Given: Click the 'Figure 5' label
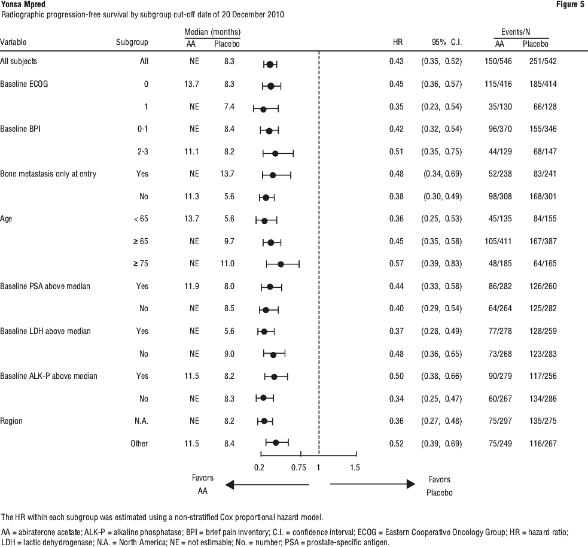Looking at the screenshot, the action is (x=570, y=5).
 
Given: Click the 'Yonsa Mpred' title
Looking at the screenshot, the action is (x=23, y=5).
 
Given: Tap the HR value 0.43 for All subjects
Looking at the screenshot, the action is (x=397, y=61).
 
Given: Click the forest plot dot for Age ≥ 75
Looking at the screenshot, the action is (x=281, y=265).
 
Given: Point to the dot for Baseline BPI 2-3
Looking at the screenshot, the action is (x=275, y=153).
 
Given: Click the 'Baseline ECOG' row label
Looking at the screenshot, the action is (x=24, y=84).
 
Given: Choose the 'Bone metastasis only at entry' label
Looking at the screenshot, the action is (x=48, y=174).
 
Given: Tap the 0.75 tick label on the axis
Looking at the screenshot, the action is (x=298, y=467).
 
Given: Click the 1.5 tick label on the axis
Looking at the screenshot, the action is (x=355, y=467).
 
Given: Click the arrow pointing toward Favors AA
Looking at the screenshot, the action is (x=267, y=485).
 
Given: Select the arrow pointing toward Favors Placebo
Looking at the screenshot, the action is (x=373, y=484).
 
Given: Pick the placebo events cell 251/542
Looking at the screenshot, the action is (x=543, y=61).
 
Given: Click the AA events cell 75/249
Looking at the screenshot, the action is (x=500, y=443).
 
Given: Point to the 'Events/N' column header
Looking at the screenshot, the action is (x=516, y=32).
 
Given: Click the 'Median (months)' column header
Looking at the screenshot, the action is (x=212, y=32).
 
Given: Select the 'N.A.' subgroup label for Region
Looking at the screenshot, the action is (x=141, y=421).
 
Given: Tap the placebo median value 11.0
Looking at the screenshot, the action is (x=227, y=263).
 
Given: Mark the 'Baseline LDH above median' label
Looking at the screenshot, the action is (x=45, y=331).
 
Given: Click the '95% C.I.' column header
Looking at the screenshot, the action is (x=447, y=42).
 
